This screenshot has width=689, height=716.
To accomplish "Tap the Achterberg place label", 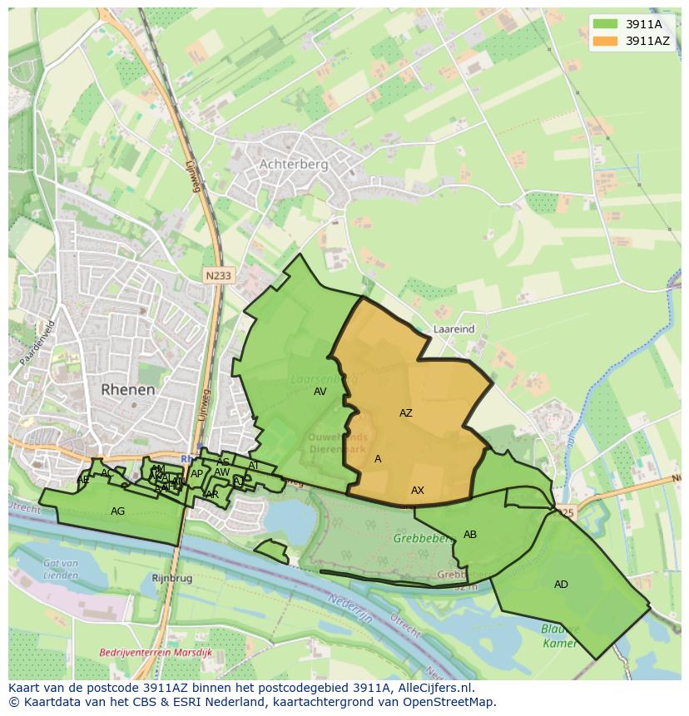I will click(x=294, y=164).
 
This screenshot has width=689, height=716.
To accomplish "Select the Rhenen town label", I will click(x=128, y=389).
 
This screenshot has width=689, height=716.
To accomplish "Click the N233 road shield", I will click(x=219, y=275).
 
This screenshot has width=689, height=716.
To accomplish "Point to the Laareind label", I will click(x=454, y=329).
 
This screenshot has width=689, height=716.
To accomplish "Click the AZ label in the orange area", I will click(x=406, y=413).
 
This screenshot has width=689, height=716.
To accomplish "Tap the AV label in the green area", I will click(x=320, y=392).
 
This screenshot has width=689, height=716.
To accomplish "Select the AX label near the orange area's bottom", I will click(x=418, y=491).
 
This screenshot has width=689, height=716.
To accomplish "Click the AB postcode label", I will click(x=470, y=535).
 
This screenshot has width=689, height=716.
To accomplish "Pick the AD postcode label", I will click(x=561, y=585).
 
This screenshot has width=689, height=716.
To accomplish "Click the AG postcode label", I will click(x=118, y=511).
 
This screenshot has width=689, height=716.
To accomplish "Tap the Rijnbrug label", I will click(x=172, y=577).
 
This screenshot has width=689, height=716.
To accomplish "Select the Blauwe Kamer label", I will click(x=559, y=636).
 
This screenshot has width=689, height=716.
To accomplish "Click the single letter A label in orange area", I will click(x=378, y=459).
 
